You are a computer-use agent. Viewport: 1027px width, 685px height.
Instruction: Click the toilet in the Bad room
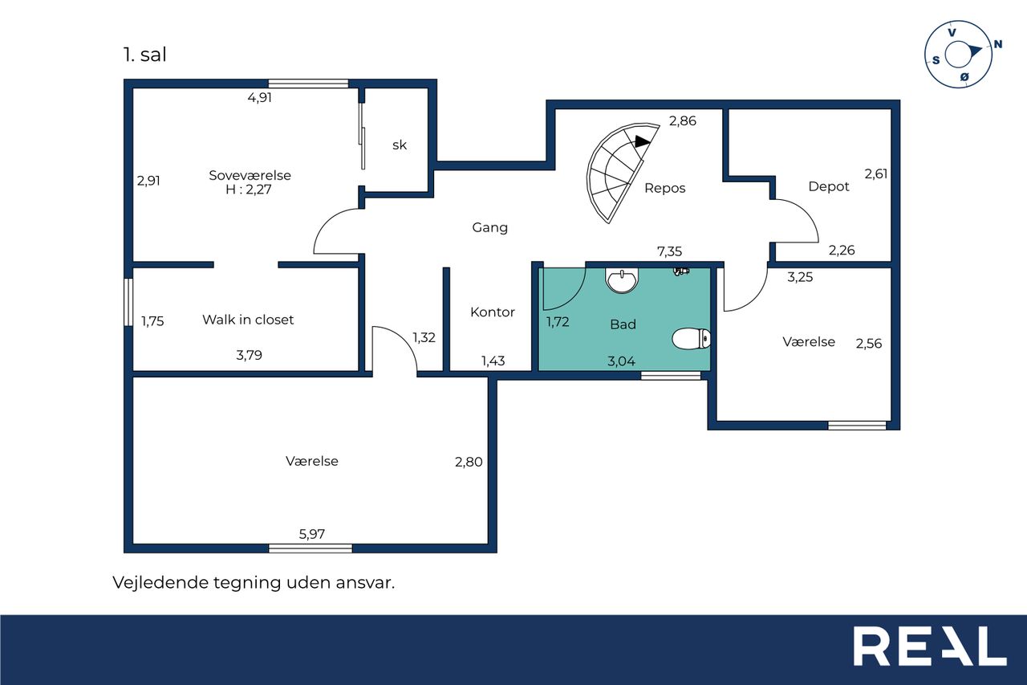click(692, 339)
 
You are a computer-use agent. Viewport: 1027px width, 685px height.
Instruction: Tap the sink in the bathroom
click(621, 280)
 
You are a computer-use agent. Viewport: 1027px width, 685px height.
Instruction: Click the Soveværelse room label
click(250, 175)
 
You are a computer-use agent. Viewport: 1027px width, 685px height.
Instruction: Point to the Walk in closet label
click(248, 320)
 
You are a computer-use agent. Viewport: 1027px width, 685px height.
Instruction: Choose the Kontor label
click(493, 312)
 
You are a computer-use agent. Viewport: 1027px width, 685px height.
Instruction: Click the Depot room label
click(829, 187)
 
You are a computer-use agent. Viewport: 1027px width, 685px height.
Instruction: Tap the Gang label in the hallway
click(489, 227)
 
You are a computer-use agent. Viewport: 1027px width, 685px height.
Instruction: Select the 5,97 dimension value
click(312, 534)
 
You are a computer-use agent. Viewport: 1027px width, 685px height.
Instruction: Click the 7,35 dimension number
click(669, 251)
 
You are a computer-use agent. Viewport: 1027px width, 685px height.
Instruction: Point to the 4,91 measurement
click(259, 97)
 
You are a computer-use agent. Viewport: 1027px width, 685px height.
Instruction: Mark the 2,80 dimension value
click(469, 462)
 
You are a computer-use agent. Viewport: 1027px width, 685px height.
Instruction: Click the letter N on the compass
click(997, 44)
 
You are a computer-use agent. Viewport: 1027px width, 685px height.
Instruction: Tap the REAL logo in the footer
click(930, 646)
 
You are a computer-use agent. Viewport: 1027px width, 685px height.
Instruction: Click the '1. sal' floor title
click(144, 55)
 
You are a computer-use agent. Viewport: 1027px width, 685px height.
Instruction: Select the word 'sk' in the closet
click(400, 145)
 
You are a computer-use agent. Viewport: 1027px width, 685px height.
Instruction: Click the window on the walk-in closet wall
click(129, 302)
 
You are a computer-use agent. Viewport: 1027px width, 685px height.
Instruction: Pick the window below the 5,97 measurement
click(311, 548)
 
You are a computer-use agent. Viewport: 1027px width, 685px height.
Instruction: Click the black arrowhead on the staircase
click(642, 141)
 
